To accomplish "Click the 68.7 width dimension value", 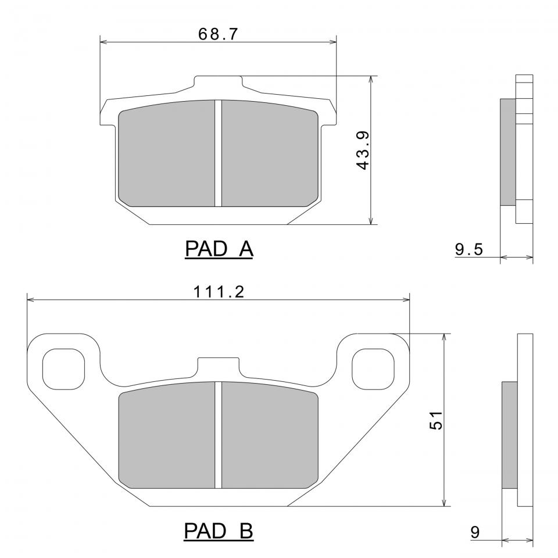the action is click(x=218, y=34).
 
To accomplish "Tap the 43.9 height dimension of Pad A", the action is click(x=363, y=150).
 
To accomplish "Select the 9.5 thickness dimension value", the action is click(x=469, y=249).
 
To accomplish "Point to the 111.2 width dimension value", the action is click(x=219, y=292).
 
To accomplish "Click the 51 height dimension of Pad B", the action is click(x=436, y=420).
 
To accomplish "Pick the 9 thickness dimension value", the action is click(x=475, y=532).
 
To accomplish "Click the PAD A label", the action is click(x=219, y=249).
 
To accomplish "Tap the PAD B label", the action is click(x=219, y=531).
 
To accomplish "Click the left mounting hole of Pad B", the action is click(x=63, y=369).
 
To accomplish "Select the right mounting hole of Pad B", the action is click(x=373, y=369).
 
